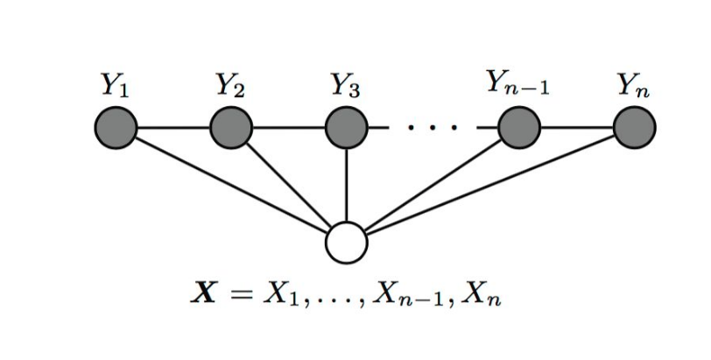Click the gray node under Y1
coord(116,130)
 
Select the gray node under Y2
coord(231,130)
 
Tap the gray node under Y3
coord(347,130)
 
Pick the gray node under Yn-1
coord(519,130)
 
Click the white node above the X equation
coord(347,243)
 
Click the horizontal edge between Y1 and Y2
coord(173,130)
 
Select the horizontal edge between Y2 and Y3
coord(289,130)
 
